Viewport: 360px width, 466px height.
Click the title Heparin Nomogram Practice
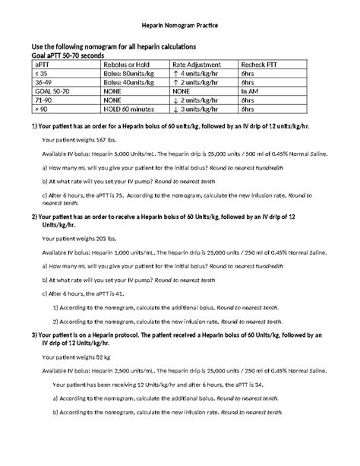tap(180, 25)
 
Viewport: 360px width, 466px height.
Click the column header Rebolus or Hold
tap(125, 65)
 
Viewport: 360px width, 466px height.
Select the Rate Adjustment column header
tap(196, 65)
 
